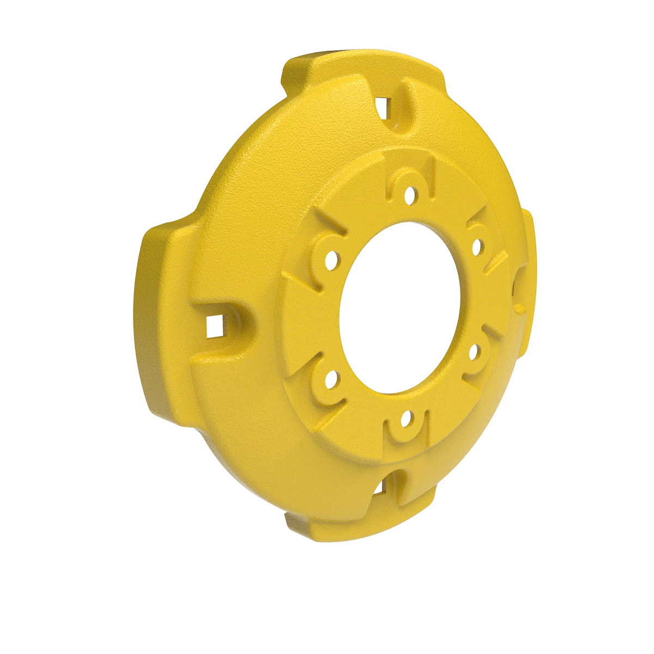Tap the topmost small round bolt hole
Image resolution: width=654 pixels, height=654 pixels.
point(410,193)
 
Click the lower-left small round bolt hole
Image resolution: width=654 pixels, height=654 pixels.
point(330,379)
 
